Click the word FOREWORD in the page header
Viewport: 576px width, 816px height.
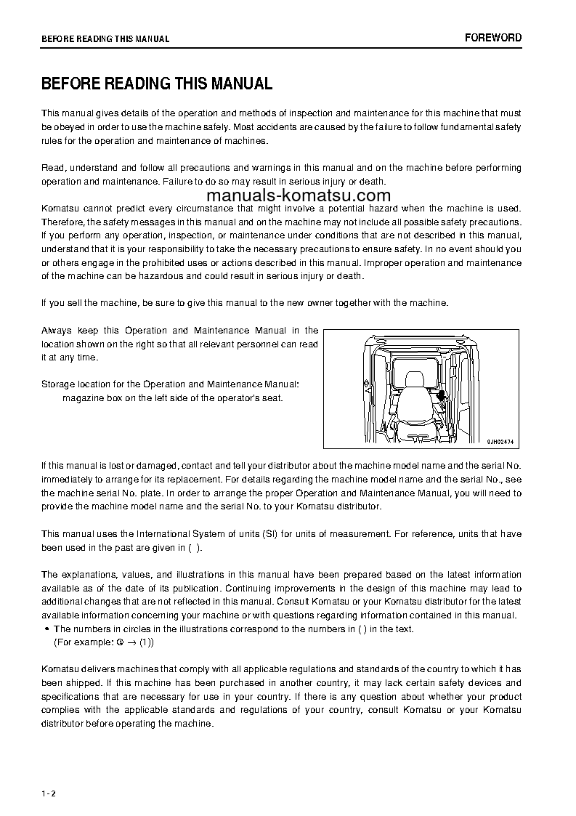click(493, 38)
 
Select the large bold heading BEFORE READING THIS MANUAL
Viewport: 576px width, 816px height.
click(157, 84)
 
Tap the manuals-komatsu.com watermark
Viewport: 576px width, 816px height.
click(299, 195)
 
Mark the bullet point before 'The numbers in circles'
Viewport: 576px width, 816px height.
click(46, 629)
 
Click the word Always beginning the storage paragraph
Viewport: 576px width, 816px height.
click(57, 331)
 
